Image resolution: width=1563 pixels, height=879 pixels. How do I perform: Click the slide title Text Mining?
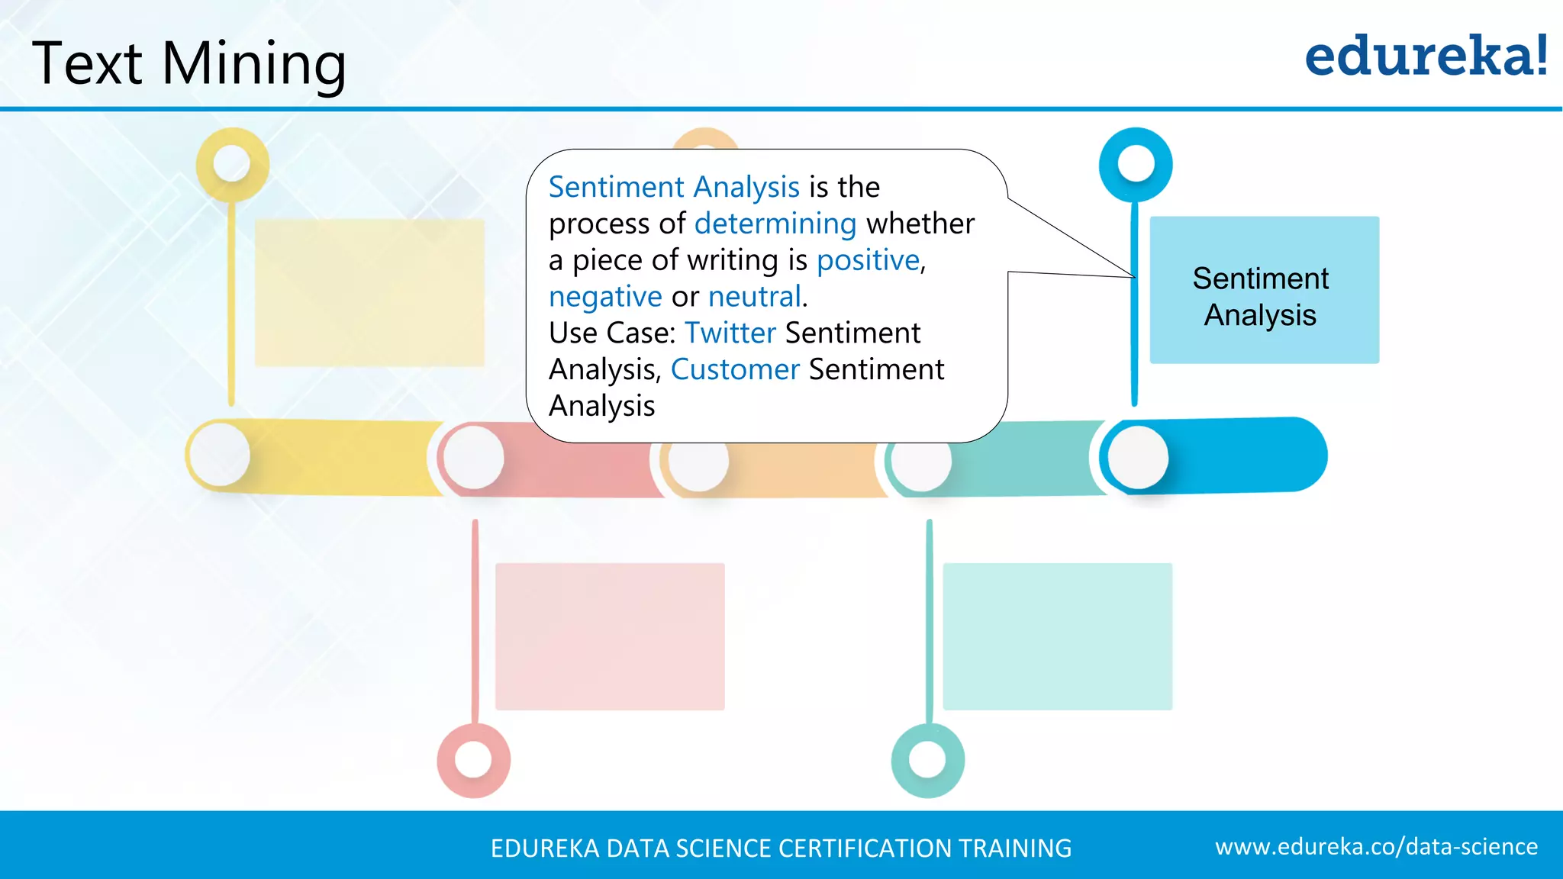click(x=189, y=64)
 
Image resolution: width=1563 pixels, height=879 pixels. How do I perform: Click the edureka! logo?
click(x=1426, y=56)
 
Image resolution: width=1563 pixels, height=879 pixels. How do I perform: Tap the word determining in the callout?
click(x=775, y=224)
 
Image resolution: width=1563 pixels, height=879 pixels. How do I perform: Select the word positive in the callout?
click(x=868, y=260)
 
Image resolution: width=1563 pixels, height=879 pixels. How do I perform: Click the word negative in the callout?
click(x=604, y=296)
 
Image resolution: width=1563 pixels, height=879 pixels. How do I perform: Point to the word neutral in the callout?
click(x=754, y=296)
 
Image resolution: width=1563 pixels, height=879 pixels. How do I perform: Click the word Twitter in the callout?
click(x=730, y=333)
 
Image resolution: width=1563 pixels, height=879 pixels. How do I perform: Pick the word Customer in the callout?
click(x=734, y=369)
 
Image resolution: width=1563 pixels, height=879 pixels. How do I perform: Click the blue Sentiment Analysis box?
click(x=1264, y=290)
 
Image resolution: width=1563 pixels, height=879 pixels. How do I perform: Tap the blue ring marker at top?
click(x=1136, y=164)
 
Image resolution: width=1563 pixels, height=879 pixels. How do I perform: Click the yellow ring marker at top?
click(x=232, y=164)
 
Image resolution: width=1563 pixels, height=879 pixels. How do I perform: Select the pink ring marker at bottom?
click(x=473, y=760)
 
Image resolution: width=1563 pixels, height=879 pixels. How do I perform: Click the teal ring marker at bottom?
click(x=928, y=760)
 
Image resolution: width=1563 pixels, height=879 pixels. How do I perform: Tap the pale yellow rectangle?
click(x=369, y=293)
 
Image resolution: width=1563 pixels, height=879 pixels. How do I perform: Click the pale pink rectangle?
click(x=610, y=636)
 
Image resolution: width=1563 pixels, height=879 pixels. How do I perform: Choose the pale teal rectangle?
click(x=1057, y=636)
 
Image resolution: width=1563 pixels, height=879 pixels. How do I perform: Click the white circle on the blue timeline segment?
click(x=1138, y=457)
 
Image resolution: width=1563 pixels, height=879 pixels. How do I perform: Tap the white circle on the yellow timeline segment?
click(x=220, y=455)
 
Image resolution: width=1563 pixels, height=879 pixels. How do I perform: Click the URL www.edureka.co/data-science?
click(x=1376, y=847)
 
